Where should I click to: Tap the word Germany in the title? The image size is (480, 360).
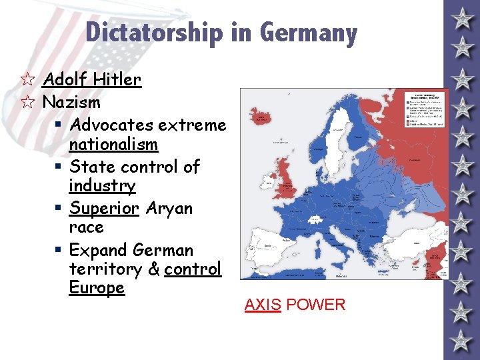coord(309,32)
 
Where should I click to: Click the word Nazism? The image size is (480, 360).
coord(71,103)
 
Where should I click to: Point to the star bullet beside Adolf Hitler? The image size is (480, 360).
coord(27,80)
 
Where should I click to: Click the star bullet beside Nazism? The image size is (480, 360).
coord(27,103)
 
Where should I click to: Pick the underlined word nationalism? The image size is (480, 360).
coord(113,145)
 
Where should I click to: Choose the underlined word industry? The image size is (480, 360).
coord(102,186)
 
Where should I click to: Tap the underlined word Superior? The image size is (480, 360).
coord(104,208)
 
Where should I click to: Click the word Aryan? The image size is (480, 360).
coord(169,208)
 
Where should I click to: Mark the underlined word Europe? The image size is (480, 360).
coord(97,288)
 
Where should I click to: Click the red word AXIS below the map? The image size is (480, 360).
coord(263,305)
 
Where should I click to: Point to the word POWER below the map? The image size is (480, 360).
coord(317,305)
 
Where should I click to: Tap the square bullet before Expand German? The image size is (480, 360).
coord(60,251)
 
